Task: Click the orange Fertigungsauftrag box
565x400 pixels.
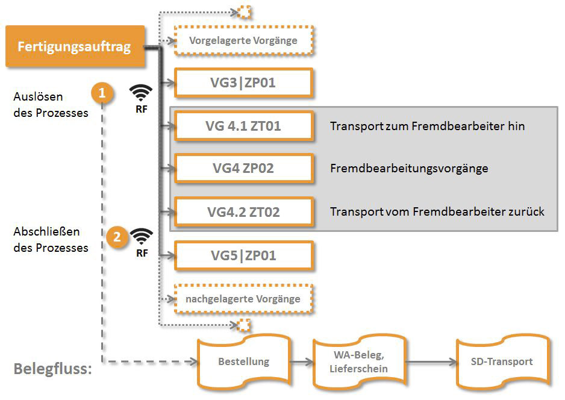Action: [x=75, y=46]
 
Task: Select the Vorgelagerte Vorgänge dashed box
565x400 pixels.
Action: [x=243, y=41]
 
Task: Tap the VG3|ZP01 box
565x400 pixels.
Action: [x=243, y=83]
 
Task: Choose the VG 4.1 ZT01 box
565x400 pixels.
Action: [x=243, y=126]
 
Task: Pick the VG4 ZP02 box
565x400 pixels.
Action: [x=243, y=169]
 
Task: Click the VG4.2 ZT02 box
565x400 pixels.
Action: [x=243, y=211]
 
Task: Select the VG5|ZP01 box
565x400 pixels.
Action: [x=243, y=255]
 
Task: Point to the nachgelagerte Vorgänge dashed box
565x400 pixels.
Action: [x=243, y=299]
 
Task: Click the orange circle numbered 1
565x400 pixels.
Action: [x=102, y=93]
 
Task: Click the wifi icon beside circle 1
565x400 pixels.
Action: [x=142, y=92]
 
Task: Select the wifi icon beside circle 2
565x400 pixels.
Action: [x=142, y=236]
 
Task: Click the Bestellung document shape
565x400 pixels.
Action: [x=243, y=361]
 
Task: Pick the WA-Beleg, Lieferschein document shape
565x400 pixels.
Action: [x=360, y=361]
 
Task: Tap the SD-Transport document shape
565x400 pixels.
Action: [x=502, y=361]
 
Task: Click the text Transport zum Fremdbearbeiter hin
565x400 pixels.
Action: [x=427, y=127]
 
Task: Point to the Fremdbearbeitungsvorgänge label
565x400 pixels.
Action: [x=409, y=169]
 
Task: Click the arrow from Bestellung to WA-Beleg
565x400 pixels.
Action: [x=300, y=361]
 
